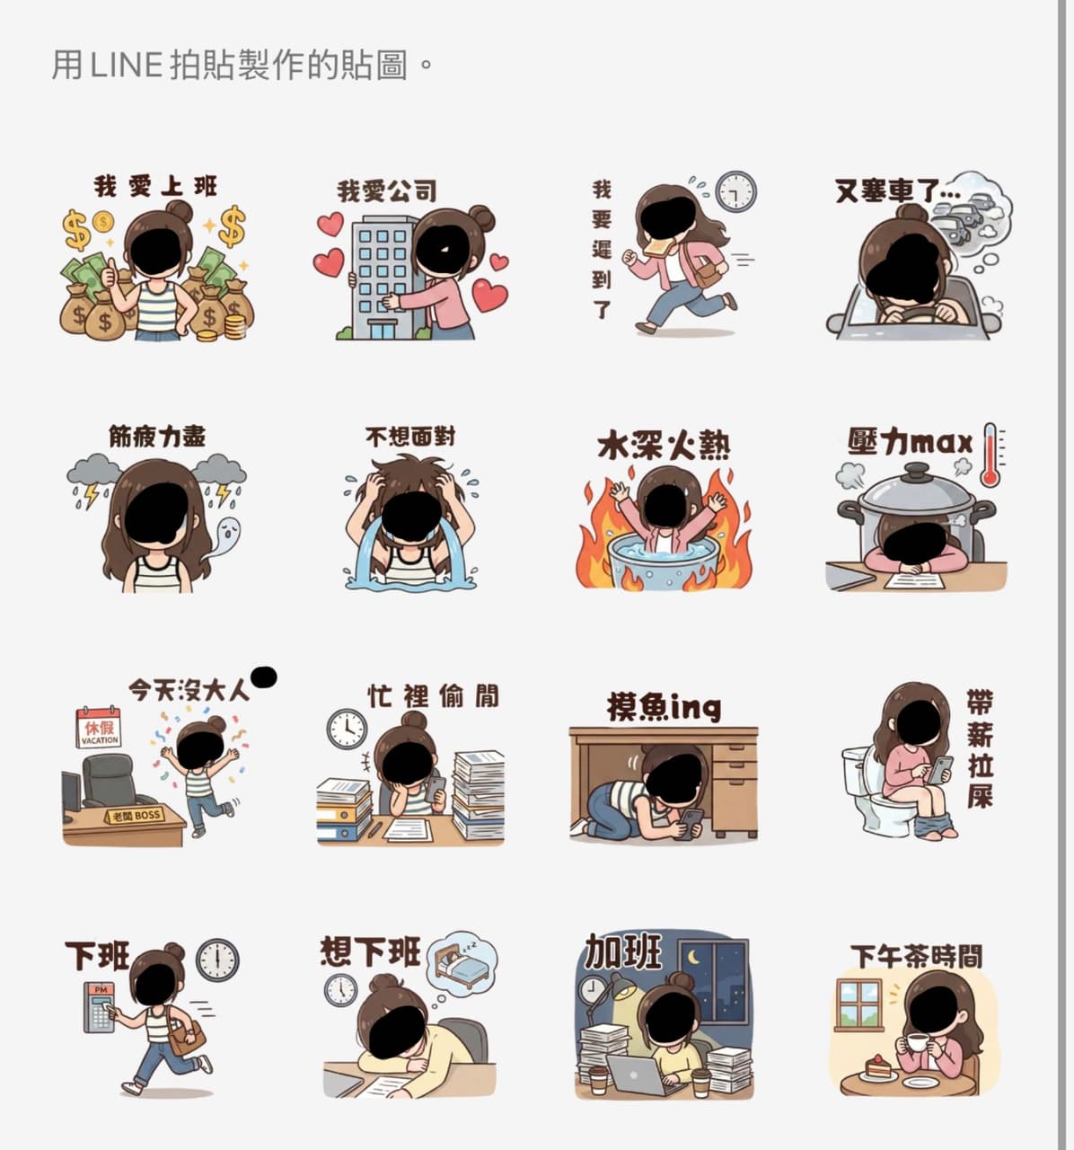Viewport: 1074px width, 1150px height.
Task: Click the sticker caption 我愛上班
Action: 155,187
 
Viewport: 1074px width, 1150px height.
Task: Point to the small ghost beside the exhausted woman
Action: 226,536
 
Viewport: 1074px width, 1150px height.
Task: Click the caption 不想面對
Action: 410,437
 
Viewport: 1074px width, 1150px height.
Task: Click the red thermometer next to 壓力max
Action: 990,456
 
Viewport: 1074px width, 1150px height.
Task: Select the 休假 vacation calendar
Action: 99,728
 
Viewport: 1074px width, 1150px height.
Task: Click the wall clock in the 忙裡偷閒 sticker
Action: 347,729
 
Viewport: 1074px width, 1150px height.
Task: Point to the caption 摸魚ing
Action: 665,707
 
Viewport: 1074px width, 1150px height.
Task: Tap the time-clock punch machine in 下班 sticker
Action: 100,1007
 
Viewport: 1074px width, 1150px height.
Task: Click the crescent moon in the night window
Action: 693,958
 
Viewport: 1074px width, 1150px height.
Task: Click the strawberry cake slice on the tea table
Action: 877,1066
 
